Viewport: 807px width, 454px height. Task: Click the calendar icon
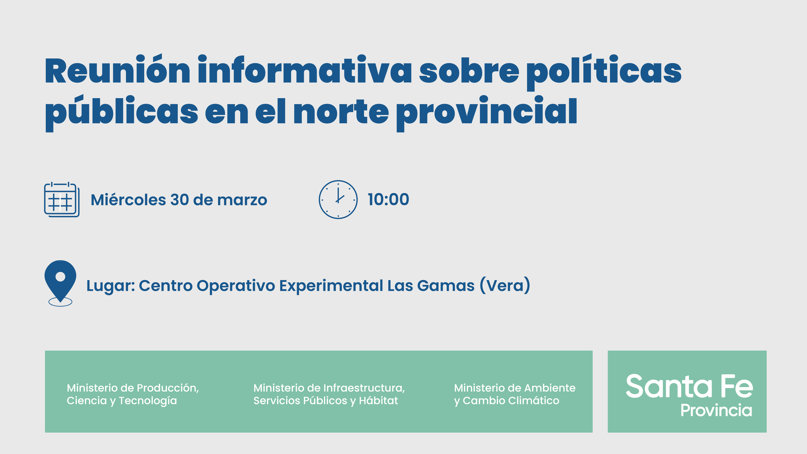pos(62,200)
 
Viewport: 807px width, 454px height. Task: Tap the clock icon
pos(338,200)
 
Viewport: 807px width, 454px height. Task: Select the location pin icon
pos(60,283)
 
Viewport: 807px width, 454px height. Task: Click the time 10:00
pos(388,200)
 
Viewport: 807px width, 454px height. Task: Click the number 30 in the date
pos(180,200)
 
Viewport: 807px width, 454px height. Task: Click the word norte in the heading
pos(341,111)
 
